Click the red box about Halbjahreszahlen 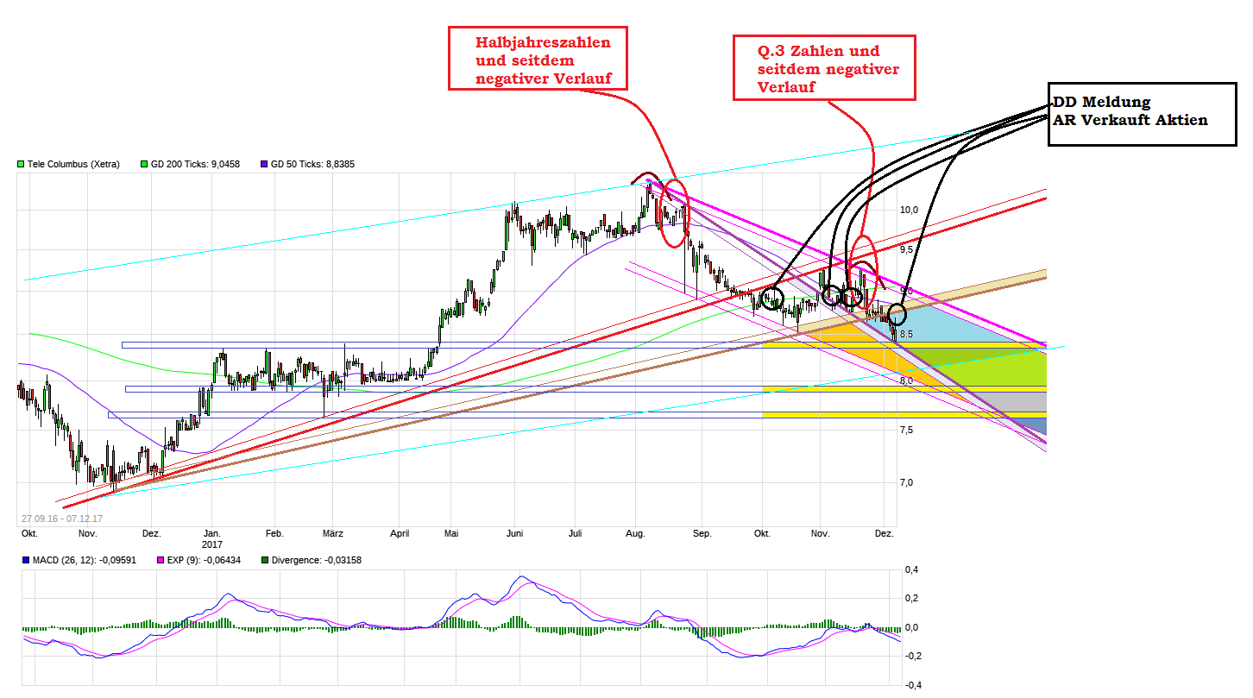point(538,57)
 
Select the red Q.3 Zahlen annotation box point(823,68)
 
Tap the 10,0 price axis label point(909,210)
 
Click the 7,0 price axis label point(906,482)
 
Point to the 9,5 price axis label point(908,249)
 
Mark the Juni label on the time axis point(514,534)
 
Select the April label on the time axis point(399,534)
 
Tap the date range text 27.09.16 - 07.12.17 point(62,519)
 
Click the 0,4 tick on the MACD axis point(910,570)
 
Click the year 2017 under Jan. point(212,544)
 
